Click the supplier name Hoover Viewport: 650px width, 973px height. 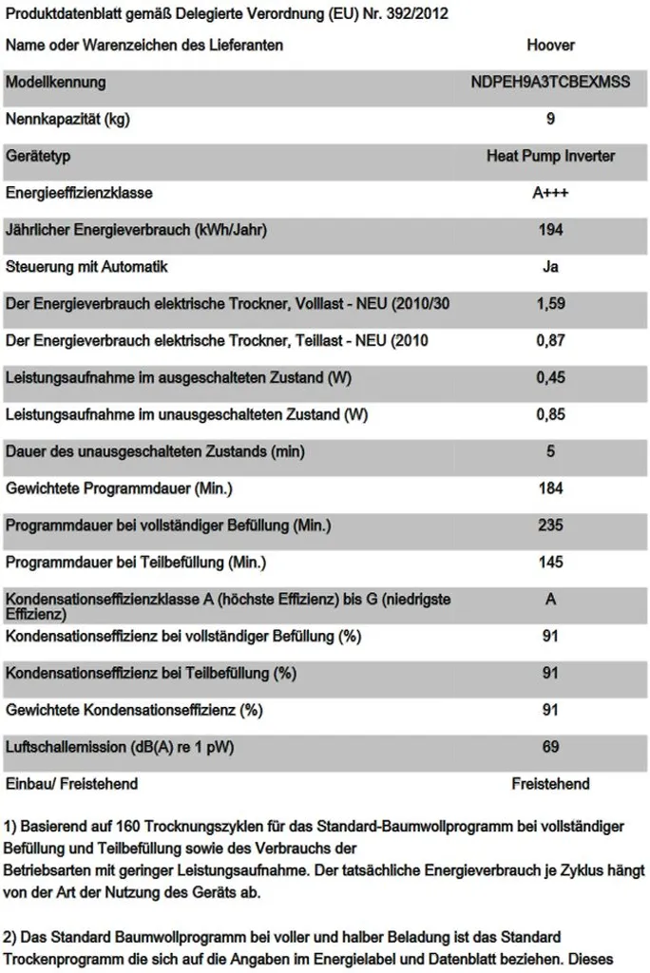tap(550, 45)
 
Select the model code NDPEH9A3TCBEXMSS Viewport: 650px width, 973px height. tap(550, 82)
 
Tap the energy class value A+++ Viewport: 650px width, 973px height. tap(550, 193)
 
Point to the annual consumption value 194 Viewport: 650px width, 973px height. tap(550, 230)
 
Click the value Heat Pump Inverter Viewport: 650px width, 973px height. tap(550, 156)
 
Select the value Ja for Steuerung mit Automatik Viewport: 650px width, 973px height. tap(550, 267)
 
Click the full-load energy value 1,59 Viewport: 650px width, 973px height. tap(550, 304)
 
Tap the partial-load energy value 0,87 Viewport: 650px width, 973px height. tap(550, 340)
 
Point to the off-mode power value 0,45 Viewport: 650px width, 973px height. tap(550, 377)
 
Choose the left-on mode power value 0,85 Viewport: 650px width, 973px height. tap(550, 414)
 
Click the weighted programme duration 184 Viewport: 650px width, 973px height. tap(550, 488)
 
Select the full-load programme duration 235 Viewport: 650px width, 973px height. tap(550, 525)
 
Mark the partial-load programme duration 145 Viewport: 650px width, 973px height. tap(550, 563)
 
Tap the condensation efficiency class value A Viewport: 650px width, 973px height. tap(550, 600)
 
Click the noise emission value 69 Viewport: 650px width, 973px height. tap(550, 747)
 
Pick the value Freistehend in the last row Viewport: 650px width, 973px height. tap(550, 784)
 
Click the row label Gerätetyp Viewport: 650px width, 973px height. tap(38, 156)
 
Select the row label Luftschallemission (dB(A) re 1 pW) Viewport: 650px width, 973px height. tap(120, 747)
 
